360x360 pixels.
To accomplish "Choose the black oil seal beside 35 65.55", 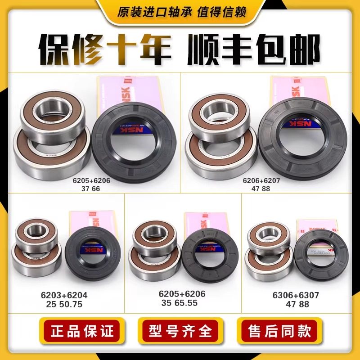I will pyautogui.click(x=205, y=254).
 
